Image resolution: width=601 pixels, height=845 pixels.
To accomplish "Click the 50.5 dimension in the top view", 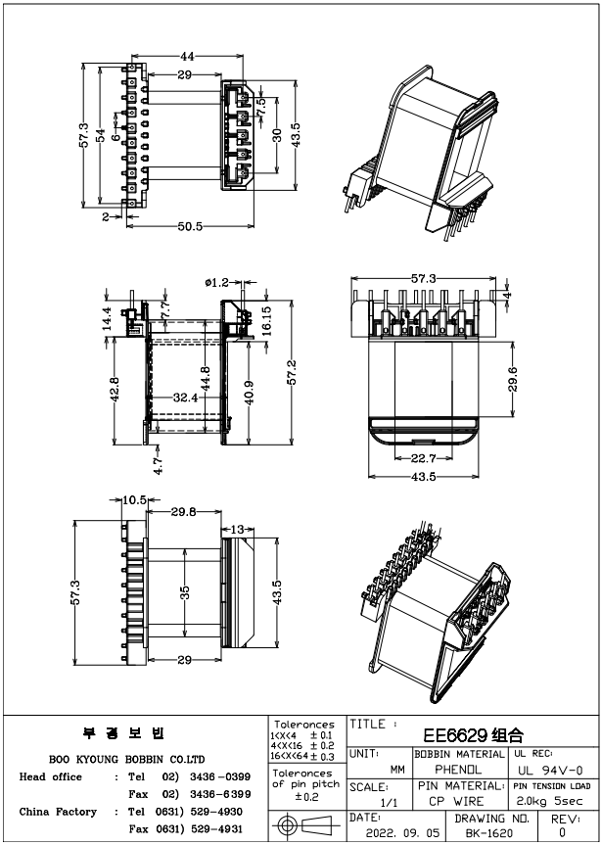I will pos(189,226).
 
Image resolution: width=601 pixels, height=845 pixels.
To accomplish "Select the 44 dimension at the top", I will pos(186,57).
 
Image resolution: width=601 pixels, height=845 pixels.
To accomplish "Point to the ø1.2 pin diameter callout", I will pos(216,282).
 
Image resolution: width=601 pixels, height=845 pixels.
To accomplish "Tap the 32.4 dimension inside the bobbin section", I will pos(187,399).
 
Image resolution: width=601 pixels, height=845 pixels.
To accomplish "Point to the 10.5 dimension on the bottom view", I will pos(135,499).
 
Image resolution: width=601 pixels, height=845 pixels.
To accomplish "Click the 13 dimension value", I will pos(238,530).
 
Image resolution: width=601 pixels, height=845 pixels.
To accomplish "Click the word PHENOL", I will pos(459,770).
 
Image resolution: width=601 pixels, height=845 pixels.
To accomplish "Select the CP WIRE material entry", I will pos(459,801).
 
